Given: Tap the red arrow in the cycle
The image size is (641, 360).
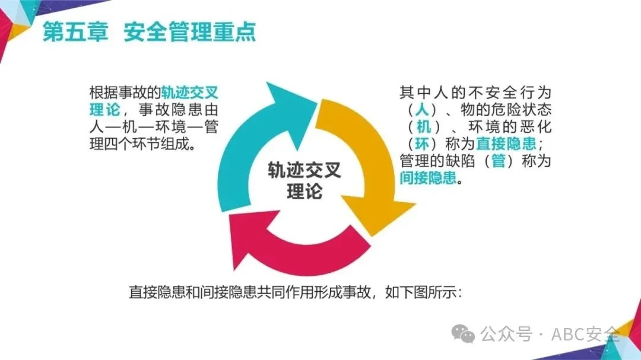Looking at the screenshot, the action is [x=297, y=249].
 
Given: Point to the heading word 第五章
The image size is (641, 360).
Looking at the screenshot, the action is [x=76, y=32].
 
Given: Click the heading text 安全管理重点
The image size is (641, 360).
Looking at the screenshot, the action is [x=190, y=32].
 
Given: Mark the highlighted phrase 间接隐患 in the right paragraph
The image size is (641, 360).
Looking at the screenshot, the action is [x=428, y=177].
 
